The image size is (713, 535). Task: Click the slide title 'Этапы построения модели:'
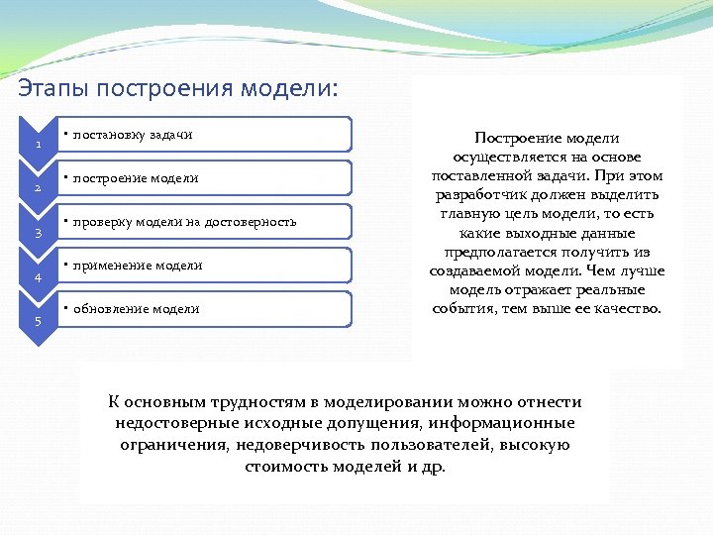[x=178, y=89]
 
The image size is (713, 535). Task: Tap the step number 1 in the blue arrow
[x=38, y=146]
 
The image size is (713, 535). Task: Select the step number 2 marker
[x=38, y=189]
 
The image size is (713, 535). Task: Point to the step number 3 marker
[x=38, y=234]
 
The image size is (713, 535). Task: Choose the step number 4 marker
[x=38, y=278]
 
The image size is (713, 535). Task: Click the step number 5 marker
[x=38, y=322]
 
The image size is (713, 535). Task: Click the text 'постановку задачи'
[x=133, y=135]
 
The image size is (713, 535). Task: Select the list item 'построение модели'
[x=136, y=178]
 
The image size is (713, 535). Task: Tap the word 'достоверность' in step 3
[x=252, y=222]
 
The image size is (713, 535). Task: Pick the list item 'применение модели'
[x=138, y=266]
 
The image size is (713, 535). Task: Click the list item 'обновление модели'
[x=136, y=309]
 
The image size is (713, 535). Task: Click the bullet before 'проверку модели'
[x=62, y=220]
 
